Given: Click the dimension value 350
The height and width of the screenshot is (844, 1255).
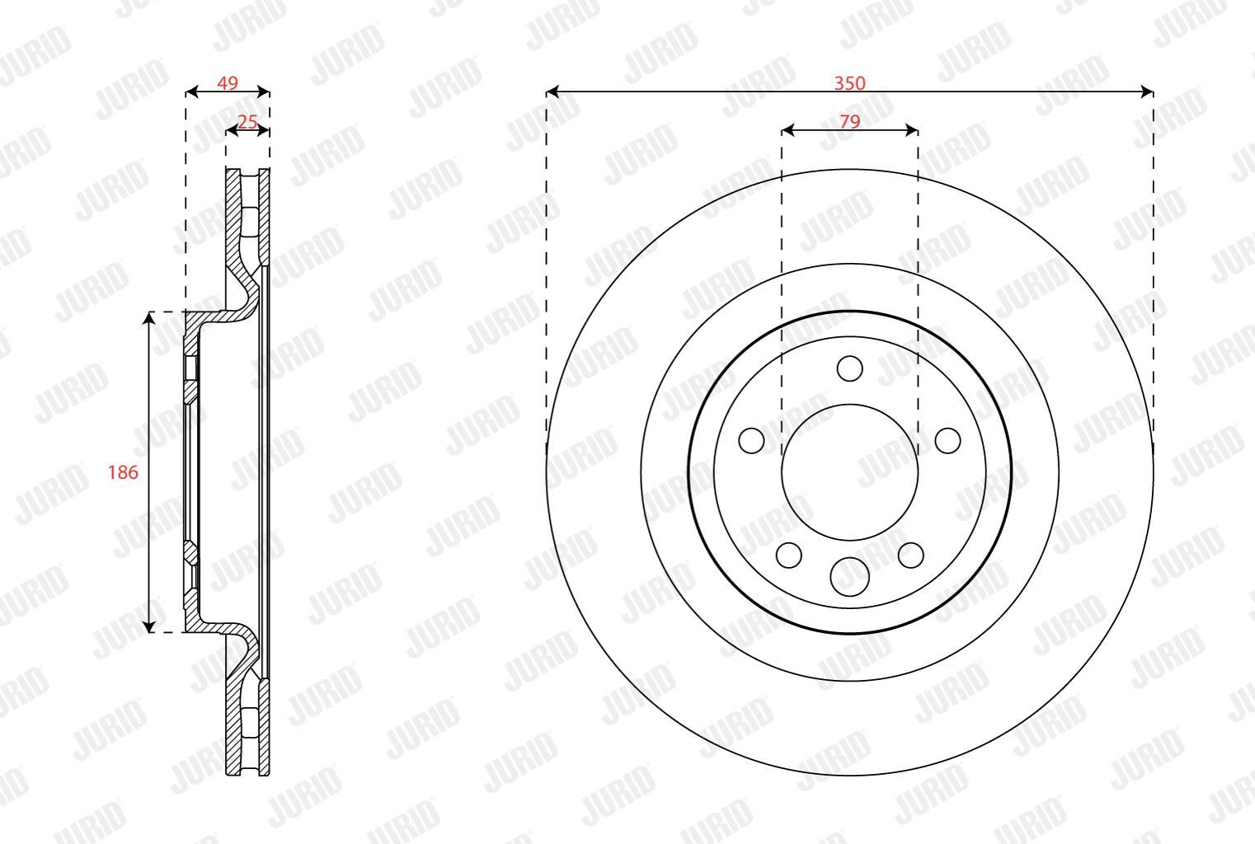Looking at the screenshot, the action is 849,83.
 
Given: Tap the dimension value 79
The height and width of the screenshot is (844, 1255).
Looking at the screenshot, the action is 849,121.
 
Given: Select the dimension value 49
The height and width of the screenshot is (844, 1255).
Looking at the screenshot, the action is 228,83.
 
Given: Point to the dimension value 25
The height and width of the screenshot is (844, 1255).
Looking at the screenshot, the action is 247,121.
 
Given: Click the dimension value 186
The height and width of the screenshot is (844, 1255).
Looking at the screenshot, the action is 123,472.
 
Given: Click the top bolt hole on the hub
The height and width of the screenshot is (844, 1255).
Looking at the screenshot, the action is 849,368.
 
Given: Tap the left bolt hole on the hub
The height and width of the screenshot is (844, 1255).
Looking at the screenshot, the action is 751,440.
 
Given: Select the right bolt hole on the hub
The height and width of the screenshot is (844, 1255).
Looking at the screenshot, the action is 947,440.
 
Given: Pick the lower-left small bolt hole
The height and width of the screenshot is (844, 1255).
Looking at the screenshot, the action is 789,555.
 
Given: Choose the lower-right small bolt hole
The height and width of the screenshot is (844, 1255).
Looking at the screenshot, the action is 910,555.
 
